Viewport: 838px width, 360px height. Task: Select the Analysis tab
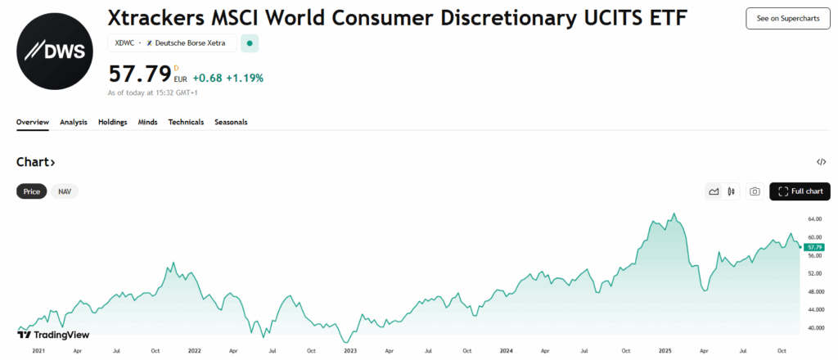pos(74,122)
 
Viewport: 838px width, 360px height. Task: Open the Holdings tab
pos(112,122)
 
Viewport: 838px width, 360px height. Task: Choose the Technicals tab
pos(186,122)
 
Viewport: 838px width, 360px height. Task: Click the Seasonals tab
pos(231,122)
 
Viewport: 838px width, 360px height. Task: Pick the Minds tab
pos(147,122)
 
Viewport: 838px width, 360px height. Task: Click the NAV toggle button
pos(65,191)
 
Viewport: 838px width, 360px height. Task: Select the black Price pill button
pos(32,191)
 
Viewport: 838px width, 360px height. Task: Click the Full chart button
pos(800,191)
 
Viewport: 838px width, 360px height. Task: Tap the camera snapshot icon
pos(755,191)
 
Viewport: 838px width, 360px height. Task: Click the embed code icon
pos(821,162)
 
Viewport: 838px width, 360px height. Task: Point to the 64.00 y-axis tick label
pos(814,219)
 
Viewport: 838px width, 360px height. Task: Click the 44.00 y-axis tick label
pos(814,310)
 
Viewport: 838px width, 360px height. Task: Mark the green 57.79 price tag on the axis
pos(813,246)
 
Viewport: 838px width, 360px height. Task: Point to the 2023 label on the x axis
pos(350,350)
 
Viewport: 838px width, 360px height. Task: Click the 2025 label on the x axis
pos(665,350)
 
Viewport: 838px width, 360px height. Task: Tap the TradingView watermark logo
pos(53,335)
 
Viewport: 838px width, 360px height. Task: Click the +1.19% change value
pos(246,79)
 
